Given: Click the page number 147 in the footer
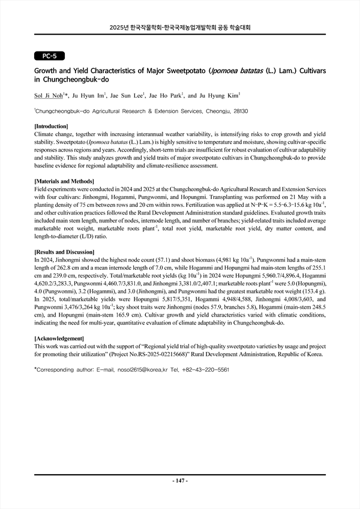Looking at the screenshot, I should pyautogui.click(x=181, y=481).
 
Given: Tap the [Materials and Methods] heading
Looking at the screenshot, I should pyautogui.click(x=65, y=181).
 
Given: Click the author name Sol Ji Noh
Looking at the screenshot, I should pyautogui.click(x=49, y=95).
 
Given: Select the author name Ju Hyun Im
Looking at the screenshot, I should pyautogui.click(x=89, y=95).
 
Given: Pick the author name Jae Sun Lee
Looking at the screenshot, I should pyautogui.click(x=129, y=95).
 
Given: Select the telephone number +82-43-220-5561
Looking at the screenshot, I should pyautogui.click(x=206, y=370).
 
